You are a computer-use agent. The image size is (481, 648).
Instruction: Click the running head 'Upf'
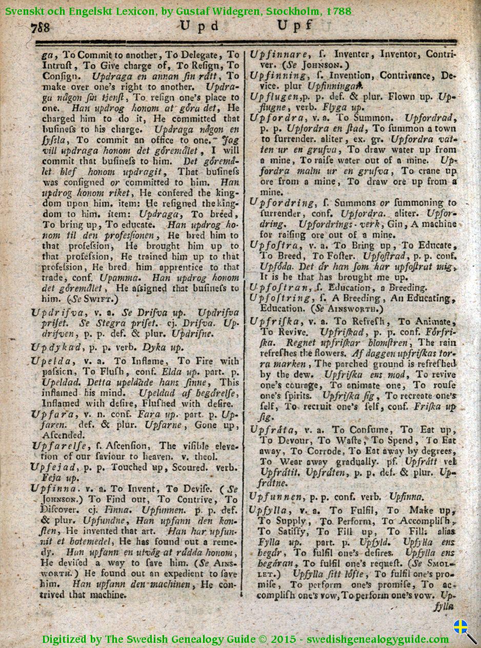pos(295,25)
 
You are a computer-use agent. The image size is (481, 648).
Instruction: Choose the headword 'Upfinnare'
pos(279,54)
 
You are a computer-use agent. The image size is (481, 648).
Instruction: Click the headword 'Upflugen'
pos(274,96)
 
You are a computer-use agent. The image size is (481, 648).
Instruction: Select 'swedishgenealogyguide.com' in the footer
pos(380,639)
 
